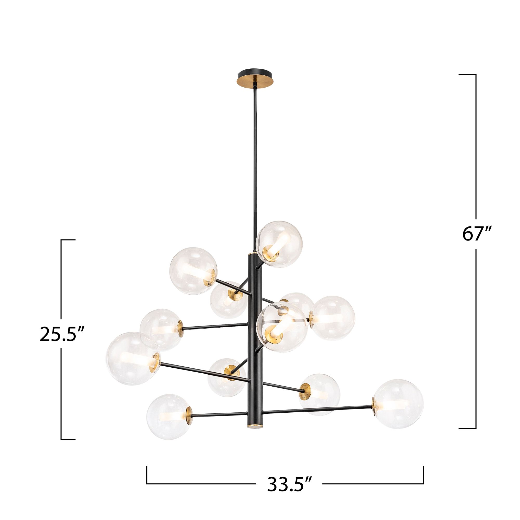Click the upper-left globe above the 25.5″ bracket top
pos(193,270)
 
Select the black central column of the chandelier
pos(254,336)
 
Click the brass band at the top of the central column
pos(254,254)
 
